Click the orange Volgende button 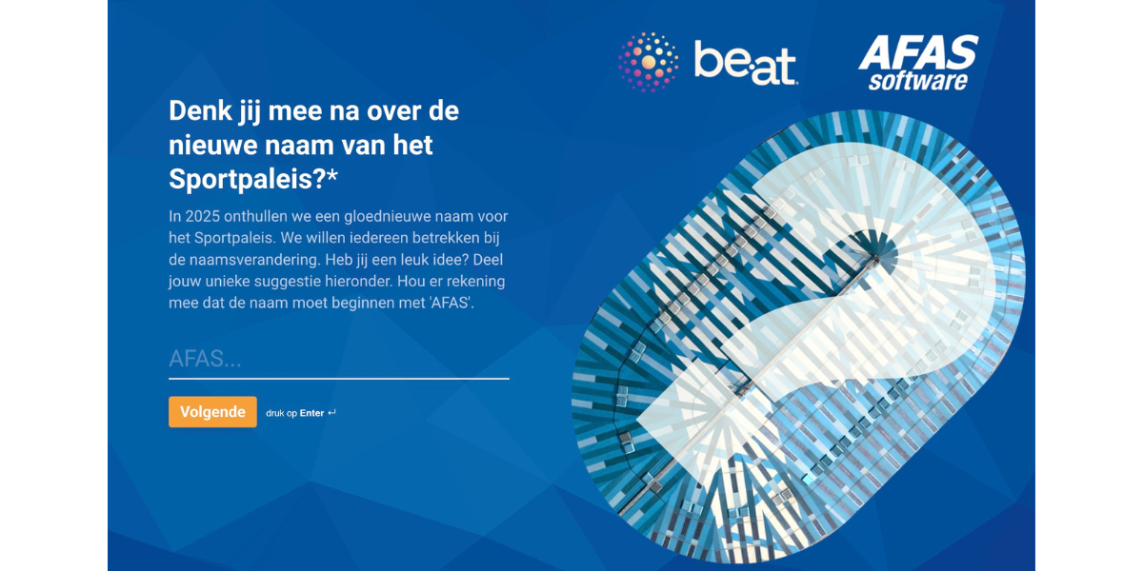tap(212, 412)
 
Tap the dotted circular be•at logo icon tap(648, 62)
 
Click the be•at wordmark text tap(746, 63)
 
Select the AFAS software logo tap(918, 62)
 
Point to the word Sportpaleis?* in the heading tap(253, 179)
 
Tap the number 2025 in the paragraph tap(202, 216)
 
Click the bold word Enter tap(311, 413)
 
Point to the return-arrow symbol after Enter tap(331, 412)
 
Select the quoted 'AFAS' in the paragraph tap(451, 303)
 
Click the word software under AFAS tap(918, 82)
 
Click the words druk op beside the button tap(281, 413)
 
